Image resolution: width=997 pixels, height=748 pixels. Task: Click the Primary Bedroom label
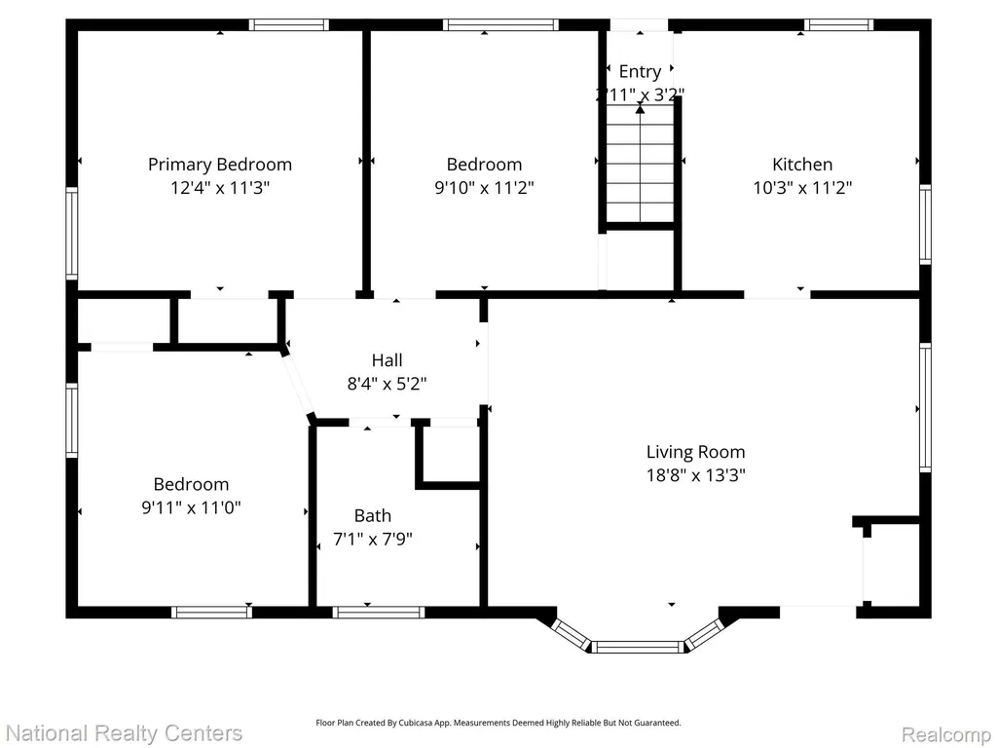pos(220,165)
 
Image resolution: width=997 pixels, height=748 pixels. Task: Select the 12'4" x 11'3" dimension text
pos(220,188)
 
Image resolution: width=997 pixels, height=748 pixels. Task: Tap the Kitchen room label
pos(802,165)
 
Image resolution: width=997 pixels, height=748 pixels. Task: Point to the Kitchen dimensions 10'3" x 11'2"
pos(802,188)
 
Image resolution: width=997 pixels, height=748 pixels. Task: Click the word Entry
pos(640,72)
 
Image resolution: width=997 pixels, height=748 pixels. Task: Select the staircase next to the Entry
pos(640,164)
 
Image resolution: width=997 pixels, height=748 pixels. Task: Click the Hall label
pos(388,360)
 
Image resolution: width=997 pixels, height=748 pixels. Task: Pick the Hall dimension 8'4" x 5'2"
pos(387,384)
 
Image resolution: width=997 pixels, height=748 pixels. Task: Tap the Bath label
pos(373,516)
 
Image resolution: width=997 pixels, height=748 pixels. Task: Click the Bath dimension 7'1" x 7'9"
pos(373,540)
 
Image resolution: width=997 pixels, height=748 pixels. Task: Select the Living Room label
pos(695,452)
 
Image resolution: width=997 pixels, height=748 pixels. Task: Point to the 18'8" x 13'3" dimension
pos(695,475)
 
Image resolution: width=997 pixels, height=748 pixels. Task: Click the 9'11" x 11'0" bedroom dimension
pos(192,508)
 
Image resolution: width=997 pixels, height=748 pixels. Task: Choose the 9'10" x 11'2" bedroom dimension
pos(485,188)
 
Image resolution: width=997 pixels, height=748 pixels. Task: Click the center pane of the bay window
pos(638,648)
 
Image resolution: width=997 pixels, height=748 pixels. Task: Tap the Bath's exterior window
pos(379,612)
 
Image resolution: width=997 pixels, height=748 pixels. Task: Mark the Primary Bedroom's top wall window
pos(288,24)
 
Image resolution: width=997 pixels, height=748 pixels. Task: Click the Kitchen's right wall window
pos(925,224)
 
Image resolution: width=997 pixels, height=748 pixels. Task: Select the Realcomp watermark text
pos(946,734)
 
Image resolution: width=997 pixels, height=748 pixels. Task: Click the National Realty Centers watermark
pos(124,733)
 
